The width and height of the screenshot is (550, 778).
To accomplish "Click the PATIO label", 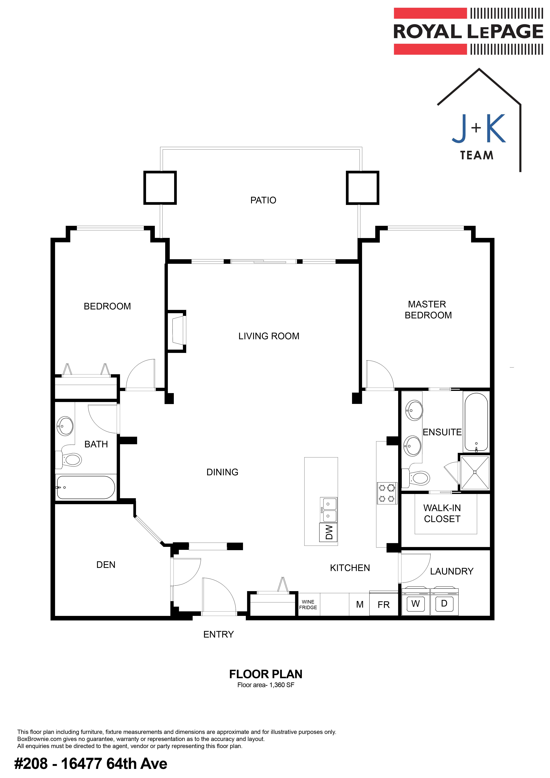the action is (263, 200).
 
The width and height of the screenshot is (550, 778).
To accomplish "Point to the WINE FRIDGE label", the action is (308, 604).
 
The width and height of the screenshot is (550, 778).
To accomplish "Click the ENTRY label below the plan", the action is (218, 634).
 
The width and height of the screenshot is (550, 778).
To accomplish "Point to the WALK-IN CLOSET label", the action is (442, 513).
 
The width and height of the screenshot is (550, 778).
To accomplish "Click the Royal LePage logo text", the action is (468, 32).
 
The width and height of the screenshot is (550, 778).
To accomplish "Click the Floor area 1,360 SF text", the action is (266, 685).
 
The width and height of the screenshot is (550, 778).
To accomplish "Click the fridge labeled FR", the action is (384, 604).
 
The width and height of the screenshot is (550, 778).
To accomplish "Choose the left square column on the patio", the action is (160, 188).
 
